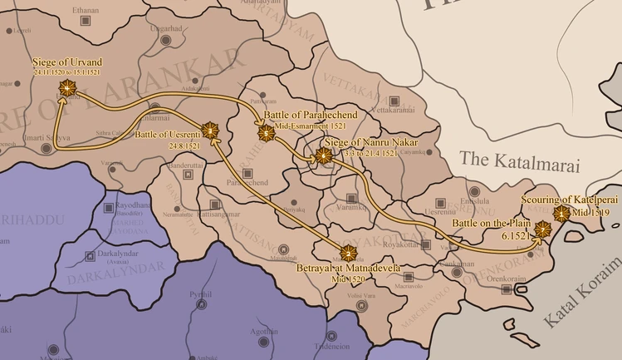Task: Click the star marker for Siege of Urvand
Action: [65, 87]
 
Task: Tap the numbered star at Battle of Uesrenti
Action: [210, 130]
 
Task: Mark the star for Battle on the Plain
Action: [543, 229]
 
